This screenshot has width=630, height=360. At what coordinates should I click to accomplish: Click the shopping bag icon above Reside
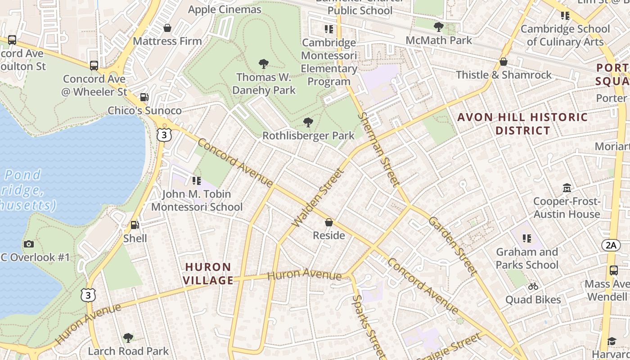pyautogui.click(x=329, y=222)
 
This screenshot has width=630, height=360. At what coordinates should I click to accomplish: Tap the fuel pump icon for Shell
pyautogui.click(x=135, y=225)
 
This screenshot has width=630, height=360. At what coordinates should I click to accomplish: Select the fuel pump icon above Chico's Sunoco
pyautogui.click(x=144, y=97)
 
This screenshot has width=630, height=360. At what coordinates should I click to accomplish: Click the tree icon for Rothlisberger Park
pyautogui.click(x=308, y=122)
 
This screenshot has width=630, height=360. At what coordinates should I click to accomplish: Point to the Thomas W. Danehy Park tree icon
pyautogui.click(x=264, y=64)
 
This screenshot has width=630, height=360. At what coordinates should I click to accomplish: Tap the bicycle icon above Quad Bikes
pyautogui.click(x=533, y=286)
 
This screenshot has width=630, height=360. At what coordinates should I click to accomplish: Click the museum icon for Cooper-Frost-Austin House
pyautogui.click(x=567, y=188)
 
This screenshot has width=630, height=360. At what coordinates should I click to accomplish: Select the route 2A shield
pyautogui.click(x=611, y=245)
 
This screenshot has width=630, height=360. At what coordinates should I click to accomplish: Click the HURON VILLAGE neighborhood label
pyautogui.click(x=209, y=274)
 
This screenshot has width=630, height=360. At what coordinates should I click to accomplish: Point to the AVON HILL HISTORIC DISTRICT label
pyautogui.click(x=522, y=124)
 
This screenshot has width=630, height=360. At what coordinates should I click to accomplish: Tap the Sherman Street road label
pyautogui.click(x=379, y=149)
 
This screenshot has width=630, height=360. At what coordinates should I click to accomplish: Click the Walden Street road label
pyautogui.click(x=318, y=198)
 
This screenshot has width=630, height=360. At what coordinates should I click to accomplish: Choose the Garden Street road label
pyautogui.click(x=452, y=245)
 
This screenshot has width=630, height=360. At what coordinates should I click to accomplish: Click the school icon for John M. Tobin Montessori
pyautogui.click(x=197, y=181)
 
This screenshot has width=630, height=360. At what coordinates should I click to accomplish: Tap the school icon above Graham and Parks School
pyautogui.click(x=527, y=238)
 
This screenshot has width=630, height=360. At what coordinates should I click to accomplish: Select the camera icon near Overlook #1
pyautogui.click(x=29, y=244)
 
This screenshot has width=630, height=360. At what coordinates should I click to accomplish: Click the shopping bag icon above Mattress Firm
pyautogui.click(x=167, y=28)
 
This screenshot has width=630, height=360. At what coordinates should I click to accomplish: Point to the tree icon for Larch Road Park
pyautogui.click(x=128, y=337)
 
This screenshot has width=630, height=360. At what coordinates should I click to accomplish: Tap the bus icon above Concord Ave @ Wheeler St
pyautogui.click(x=94, y=66)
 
